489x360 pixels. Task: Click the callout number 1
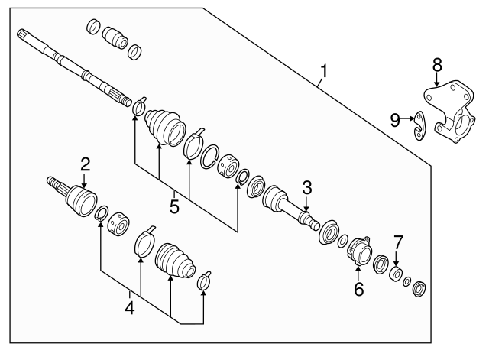click(324, 73)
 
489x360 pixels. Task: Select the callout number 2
click(85, 163)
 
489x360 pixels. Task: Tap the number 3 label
click(306, 186)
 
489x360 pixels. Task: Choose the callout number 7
click(397, 242)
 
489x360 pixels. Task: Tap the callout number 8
click(437, 63)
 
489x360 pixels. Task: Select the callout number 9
click(395, 118)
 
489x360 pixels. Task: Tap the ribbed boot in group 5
click(164, 125)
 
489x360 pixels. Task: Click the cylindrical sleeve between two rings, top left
click(116, 37)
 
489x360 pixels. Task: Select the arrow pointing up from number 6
click(358, 271)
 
